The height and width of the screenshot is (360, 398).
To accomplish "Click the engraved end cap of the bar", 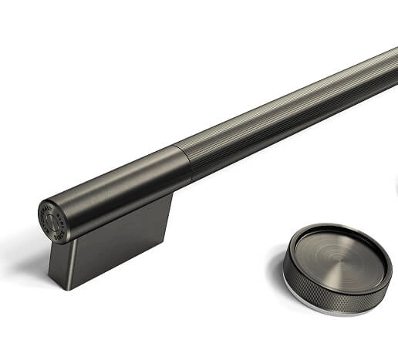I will click(x=52, y=219).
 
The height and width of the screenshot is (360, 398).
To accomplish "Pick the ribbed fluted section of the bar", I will click(x=293, y=108).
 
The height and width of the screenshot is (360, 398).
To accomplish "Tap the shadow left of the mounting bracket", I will click(x=35, y=266).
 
